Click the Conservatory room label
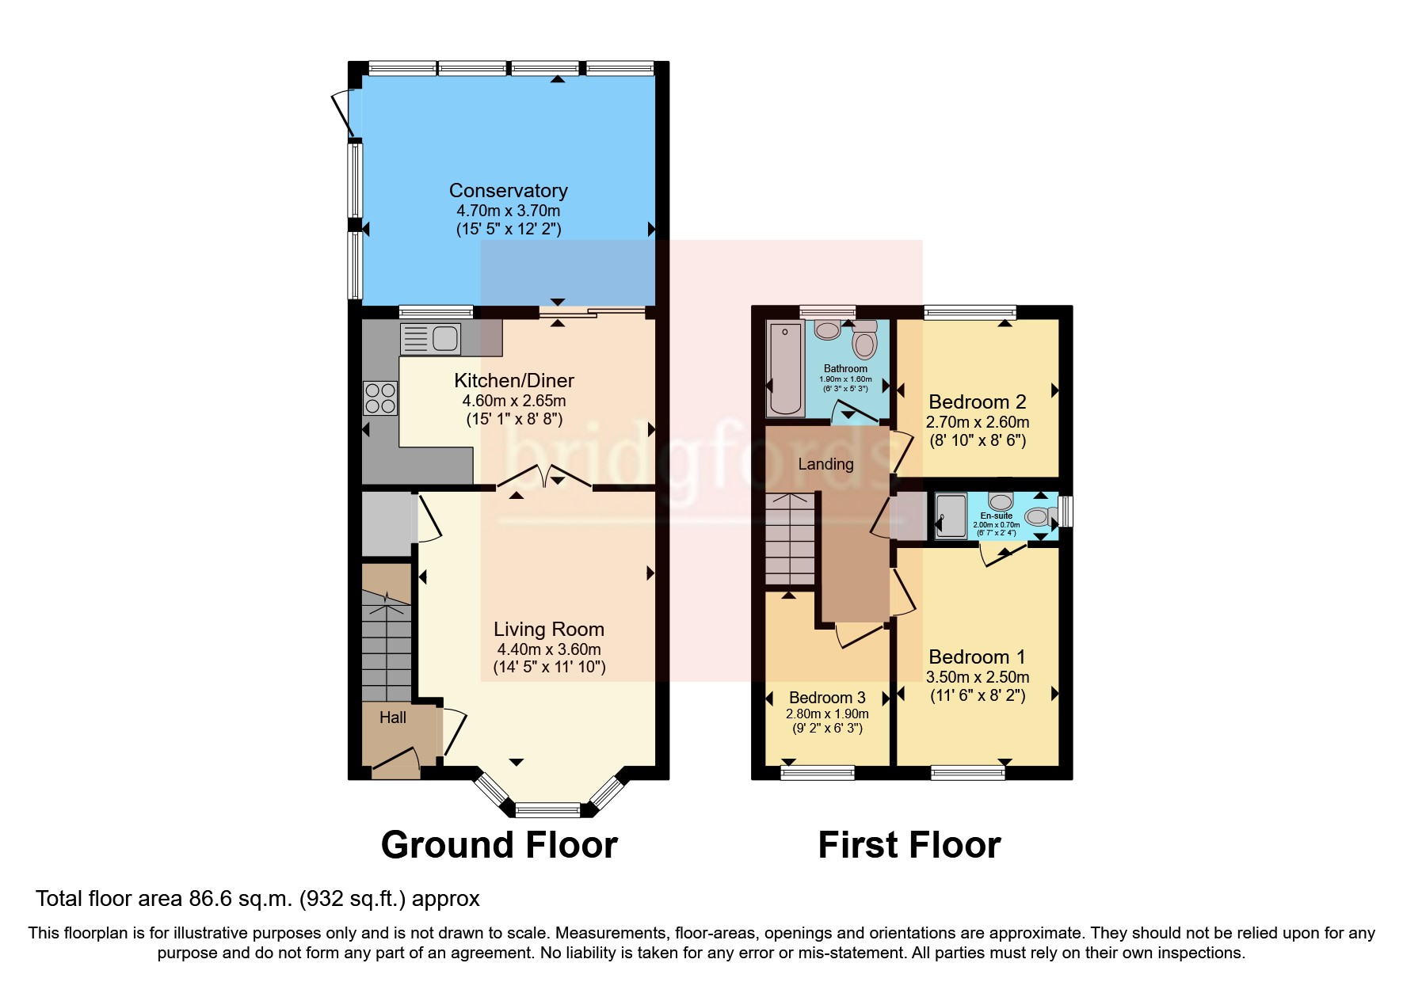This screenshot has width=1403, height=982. (508, 191)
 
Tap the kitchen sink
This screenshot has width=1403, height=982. (431, 339)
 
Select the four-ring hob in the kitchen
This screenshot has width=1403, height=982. (379, 398)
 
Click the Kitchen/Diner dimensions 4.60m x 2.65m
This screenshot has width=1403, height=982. (513, 401)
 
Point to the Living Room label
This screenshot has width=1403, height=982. (548, 630)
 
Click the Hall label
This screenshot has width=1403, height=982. (392, 717)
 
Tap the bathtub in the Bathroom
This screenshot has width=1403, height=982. (785, 369)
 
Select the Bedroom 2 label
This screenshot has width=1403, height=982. (977, 402)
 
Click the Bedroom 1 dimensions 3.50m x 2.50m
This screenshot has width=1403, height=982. (977, 677)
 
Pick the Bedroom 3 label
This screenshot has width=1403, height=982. (827, 698)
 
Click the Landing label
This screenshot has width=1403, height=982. (825, 464)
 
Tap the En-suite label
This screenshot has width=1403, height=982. (996, 516)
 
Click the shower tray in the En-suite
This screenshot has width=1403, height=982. (951, 516)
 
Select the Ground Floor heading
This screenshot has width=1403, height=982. (499, 845)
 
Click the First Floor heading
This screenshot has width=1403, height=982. (909, 845)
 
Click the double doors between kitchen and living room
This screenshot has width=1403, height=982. (544, 476)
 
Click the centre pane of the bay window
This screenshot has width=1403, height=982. (547, 809)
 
